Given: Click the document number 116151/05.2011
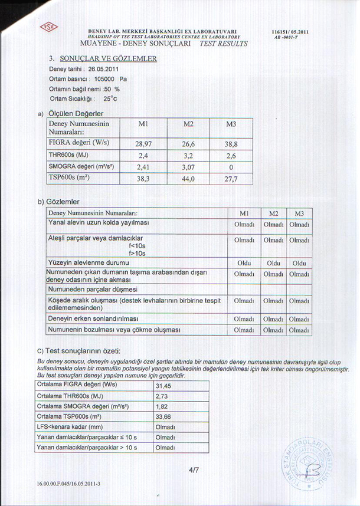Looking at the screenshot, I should click(291, 31).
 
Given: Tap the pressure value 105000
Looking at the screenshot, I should click(105, 78).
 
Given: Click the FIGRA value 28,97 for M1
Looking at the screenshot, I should click(143, 144).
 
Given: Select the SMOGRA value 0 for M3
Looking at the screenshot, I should click(230, 167).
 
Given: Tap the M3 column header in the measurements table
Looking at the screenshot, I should click(231, 124).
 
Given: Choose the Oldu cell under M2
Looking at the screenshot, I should click(273, 262).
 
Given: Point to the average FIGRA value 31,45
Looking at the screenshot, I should click(163, 386).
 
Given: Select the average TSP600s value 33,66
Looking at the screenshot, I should click(163, 417).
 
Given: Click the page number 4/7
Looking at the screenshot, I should click(194, 469).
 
